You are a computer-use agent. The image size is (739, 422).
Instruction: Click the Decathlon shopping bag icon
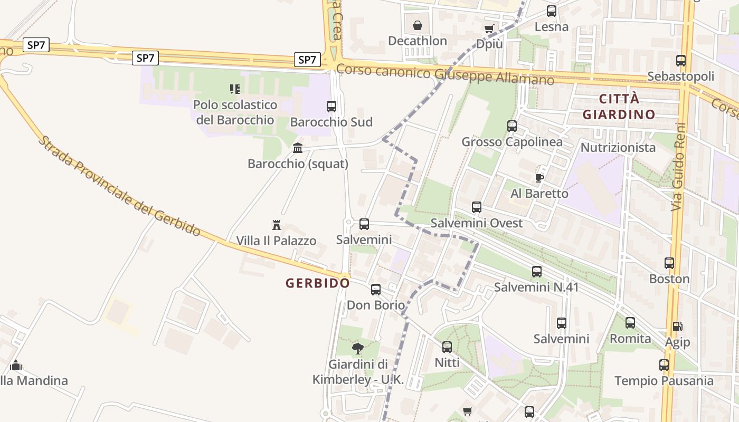[417, 25]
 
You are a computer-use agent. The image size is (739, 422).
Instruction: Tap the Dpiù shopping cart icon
[489, 28]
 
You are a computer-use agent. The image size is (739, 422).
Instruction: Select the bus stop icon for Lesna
[552, 11]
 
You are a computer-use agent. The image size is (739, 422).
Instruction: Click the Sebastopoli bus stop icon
[681, 61]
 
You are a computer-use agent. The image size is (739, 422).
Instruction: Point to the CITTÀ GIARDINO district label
[619, 107]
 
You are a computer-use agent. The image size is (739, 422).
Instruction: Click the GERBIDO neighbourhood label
[318, 283]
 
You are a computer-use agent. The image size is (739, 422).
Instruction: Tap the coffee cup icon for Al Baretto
[539, 178]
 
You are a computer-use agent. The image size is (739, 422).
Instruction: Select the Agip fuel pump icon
[677, 327]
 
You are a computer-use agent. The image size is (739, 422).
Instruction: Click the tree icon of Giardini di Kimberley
[358, 348]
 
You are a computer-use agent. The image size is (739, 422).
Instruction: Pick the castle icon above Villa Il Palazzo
[276, 225]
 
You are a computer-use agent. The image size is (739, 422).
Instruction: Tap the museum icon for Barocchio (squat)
[298, 148]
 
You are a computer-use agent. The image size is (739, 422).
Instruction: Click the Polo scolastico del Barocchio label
[235, 112]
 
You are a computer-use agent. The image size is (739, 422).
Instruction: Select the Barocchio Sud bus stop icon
[331, 107]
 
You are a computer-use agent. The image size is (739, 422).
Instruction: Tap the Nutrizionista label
[618, 148]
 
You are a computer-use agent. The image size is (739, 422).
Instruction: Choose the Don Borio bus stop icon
[376, 290]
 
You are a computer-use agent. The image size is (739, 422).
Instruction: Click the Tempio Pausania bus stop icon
[664, 365]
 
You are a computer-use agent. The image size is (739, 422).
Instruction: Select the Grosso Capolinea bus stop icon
[512, 126]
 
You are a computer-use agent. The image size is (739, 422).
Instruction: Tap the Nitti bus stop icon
[447, 347]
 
